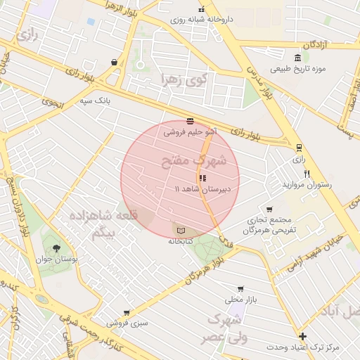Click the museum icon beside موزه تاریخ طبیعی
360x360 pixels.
pyautogui.click(x=299, y=58)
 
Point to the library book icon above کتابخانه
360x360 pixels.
pyautogui.click(x=181, y=230)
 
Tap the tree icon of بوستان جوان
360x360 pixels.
pyautogui.click(x=56, y=248)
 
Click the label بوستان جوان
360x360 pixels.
pyautogui.click(x=56, y=259)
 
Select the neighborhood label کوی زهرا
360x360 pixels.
pyautogui.click(x=182, y=79)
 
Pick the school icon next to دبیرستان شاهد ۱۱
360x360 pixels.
pyautogui.click(x=203, y=179)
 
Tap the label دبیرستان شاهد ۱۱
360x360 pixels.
pyautogui.click(x=198, y=190)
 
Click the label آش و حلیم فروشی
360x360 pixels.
pyautogui.click(x=190, y=131)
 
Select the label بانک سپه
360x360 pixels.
pyautogui.click(x=96, y=101)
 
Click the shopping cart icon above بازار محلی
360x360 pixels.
pyautogui.click(x=241, y=289)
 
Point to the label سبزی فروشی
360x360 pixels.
pyautogui.click(x=127, y=324)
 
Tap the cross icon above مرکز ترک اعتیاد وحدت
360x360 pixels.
pyautogui.click(x=302, y=337)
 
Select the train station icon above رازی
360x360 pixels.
pyautogui.click(x=300, y=148)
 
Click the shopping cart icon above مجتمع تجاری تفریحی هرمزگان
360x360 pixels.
pyautogui.click(x=269, y=210)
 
